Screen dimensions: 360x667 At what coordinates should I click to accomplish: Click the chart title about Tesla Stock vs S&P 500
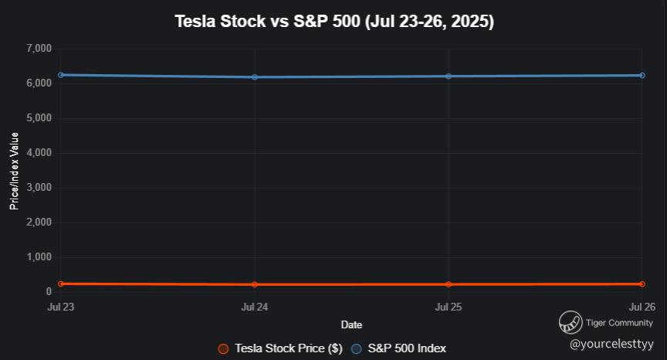click(x=334, y=21)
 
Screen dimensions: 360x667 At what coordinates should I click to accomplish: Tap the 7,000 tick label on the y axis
click(x=39, y=49)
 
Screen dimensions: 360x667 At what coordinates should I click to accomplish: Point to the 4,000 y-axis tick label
click(x=39, y=153)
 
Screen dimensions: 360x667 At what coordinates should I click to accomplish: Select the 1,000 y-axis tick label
click(x=39, y=257)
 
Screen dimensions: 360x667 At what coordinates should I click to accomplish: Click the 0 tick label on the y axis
click(x=48, y=292)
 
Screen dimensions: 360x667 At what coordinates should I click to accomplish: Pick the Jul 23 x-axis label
click(x=60, y=307)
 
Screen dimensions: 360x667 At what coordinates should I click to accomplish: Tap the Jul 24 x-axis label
click(x=255, y=307)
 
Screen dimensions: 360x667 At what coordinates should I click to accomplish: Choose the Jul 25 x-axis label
click(x=449, y=307)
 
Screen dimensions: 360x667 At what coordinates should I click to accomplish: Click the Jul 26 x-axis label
click(x=642, y=307)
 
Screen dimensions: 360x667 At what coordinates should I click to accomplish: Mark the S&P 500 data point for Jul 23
click(x=60, y=75)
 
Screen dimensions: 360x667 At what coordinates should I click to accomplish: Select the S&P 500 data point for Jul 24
click(x=255, y=77)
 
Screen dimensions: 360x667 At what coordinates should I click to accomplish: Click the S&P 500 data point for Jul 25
click(x=449, y=76)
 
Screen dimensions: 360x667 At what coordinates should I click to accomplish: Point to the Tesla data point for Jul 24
click(x=255, y=285)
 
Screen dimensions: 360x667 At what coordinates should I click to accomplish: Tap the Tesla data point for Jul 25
click(x=449, y=285)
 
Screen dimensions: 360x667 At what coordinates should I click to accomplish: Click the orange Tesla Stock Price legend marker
click(x=223, y=348)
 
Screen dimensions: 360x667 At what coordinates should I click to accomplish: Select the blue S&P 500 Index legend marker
click(x=356, y=348)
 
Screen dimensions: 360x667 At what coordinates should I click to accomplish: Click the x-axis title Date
click(x=351, y=325)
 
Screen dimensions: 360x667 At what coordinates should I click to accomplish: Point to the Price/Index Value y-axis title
click(x=14, y=171)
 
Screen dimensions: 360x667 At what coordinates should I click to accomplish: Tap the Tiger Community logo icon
click(x=571, y=321)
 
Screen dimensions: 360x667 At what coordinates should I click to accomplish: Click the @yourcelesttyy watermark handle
click(x=611, y=343)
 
